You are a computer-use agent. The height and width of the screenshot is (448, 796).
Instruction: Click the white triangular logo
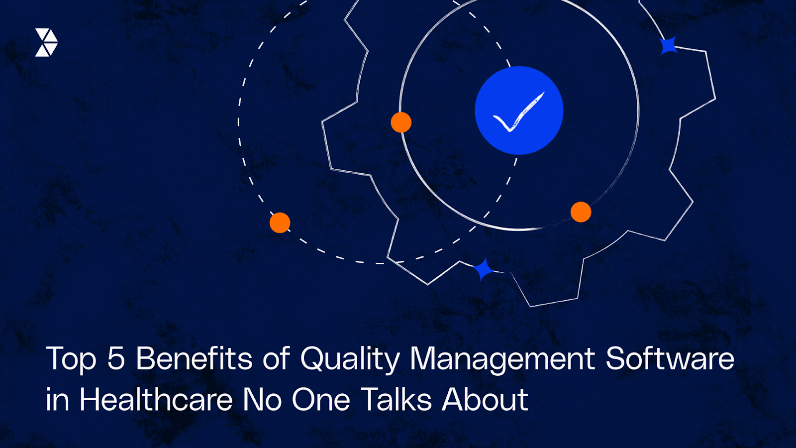click(x=46, y=42)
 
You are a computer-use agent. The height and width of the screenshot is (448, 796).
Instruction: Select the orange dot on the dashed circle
click(x=280, y=223)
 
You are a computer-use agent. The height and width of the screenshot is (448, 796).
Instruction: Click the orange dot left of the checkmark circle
click(x=401, y=122)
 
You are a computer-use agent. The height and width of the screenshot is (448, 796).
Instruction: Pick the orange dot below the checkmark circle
click(x=581, y=212)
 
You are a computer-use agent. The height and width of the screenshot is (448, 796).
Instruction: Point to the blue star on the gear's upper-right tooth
click(x=668, y=46)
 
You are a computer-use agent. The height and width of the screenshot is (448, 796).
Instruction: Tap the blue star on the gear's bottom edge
click(x=483, y=270)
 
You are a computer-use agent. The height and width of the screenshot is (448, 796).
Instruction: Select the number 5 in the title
click(x=116, y=358)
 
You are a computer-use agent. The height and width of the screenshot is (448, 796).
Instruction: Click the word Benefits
click(x=195, y=358)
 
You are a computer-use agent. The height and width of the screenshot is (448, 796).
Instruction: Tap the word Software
click(x=670, y=358)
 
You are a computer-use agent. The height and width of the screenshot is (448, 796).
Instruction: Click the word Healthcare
click(x=156, y=400)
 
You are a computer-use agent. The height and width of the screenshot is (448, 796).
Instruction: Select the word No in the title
click(x=262, y=400)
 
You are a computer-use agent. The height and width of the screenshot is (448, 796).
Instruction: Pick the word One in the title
click(x=321, y=400)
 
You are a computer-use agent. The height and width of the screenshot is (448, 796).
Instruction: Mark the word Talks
click(x=397, y=400)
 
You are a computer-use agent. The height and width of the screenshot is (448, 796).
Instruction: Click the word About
click(x=485, y=400)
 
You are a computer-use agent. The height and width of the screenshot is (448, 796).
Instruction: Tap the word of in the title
click(x=276, y=358)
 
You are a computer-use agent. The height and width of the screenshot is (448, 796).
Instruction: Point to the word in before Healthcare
click(x=57, y=400)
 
